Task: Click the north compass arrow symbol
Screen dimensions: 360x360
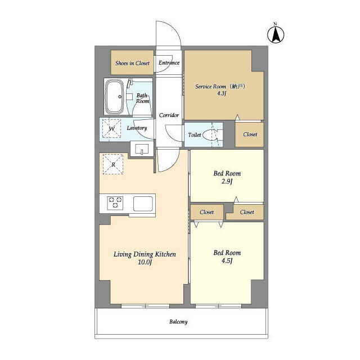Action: coord(276,34)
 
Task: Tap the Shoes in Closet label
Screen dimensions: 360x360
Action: coord(132,63)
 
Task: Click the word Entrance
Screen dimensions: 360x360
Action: coord(169,62)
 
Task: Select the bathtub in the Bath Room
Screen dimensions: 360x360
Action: coord(114,96)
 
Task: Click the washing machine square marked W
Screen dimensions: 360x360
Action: coord(111,128)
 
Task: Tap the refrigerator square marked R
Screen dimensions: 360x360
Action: coord(113,164)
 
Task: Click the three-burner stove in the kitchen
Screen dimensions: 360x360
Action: coord(115,202)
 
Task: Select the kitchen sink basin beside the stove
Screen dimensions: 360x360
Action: coord(143,204)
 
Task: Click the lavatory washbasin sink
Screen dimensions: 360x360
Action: coord(142,149)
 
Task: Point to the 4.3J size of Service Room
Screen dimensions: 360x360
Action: coord(222,93)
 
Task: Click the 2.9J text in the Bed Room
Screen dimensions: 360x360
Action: coord(227,182)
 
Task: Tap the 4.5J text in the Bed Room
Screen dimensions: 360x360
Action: coord(227,261)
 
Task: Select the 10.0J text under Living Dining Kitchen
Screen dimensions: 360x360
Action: coord(145,262)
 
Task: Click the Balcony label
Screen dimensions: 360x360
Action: coord(178,322)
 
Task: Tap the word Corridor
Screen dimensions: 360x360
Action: coord(169,115)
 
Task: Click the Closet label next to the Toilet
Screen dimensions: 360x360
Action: coord(250,134)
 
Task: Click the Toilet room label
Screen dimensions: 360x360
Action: coord(195,135)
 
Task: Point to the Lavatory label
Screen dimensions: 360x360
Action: coord(137,128)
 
